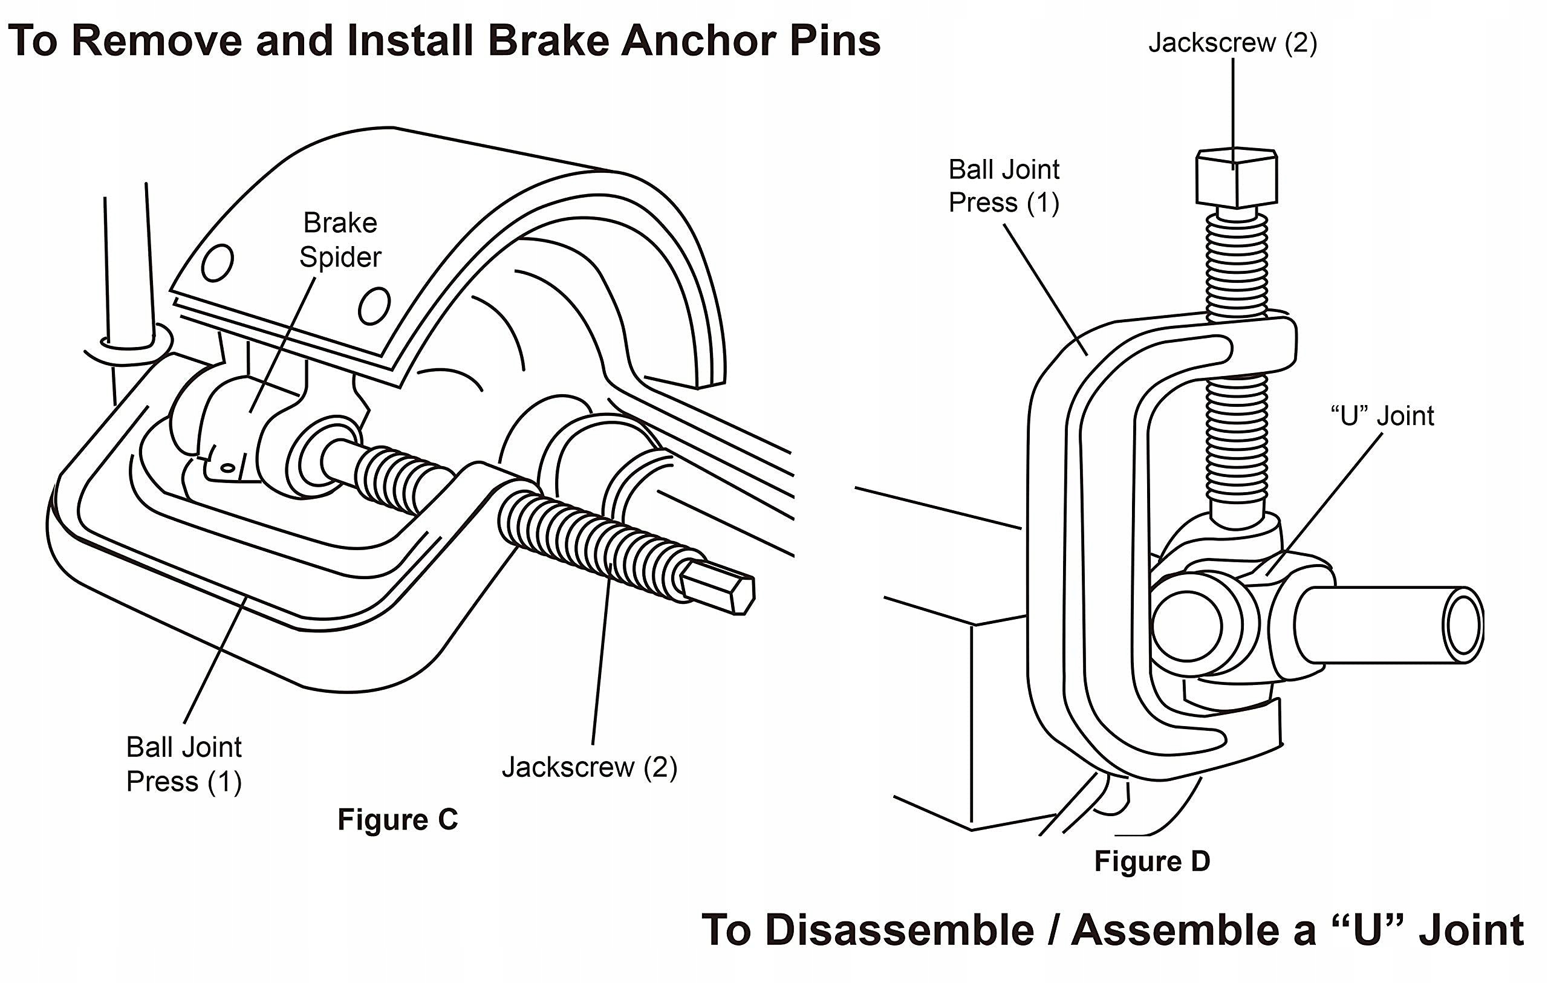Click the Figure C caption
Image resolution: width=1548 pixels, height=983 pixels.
pyautogui.click(x=397, y=820)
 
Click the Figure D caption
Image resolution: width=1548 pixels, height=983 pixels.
pyautogui.click(x=1152, y=861)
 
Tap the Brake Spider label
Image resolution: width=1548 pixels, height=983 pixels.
pyautogui.click(x=340, y=240)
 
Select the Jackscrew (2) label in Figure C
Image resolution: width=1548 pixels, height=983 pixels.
pyautogui.click(x=590, y=767)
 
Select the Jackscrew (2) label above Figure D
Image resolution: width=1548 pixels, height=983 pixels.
pyautogui.click(x=1232, y=42)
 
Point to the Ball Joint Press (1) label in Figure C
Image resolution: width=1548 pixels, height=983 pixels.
pyautogui.click(x=184, y=764)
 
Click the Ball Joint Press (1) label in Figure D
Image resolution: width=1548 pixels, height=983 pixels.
pyautogui.click(x=1004, y=186)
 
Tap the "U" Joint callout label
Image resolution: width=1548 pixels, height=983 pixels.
pyautogui.click(x=1382, y=416)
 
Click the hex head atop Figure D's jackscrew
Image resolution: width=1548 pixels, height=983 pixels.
pyautogui.click(x=1236, y=178)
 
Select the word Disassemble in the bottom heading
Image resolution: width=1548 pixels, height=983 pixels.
pyautogui.click(x=900, y=930)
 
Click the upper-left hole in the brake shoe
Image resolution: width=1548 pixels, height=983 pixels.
pyautogui.click(x=217, y=262)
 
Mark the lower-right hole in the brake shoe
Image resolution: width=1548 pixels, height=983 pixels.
pyautogui.click(x=374, y=306)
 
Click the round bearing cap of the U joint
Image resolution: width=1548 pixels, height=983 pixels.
pyautogui.click(x=1187, y=626)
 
